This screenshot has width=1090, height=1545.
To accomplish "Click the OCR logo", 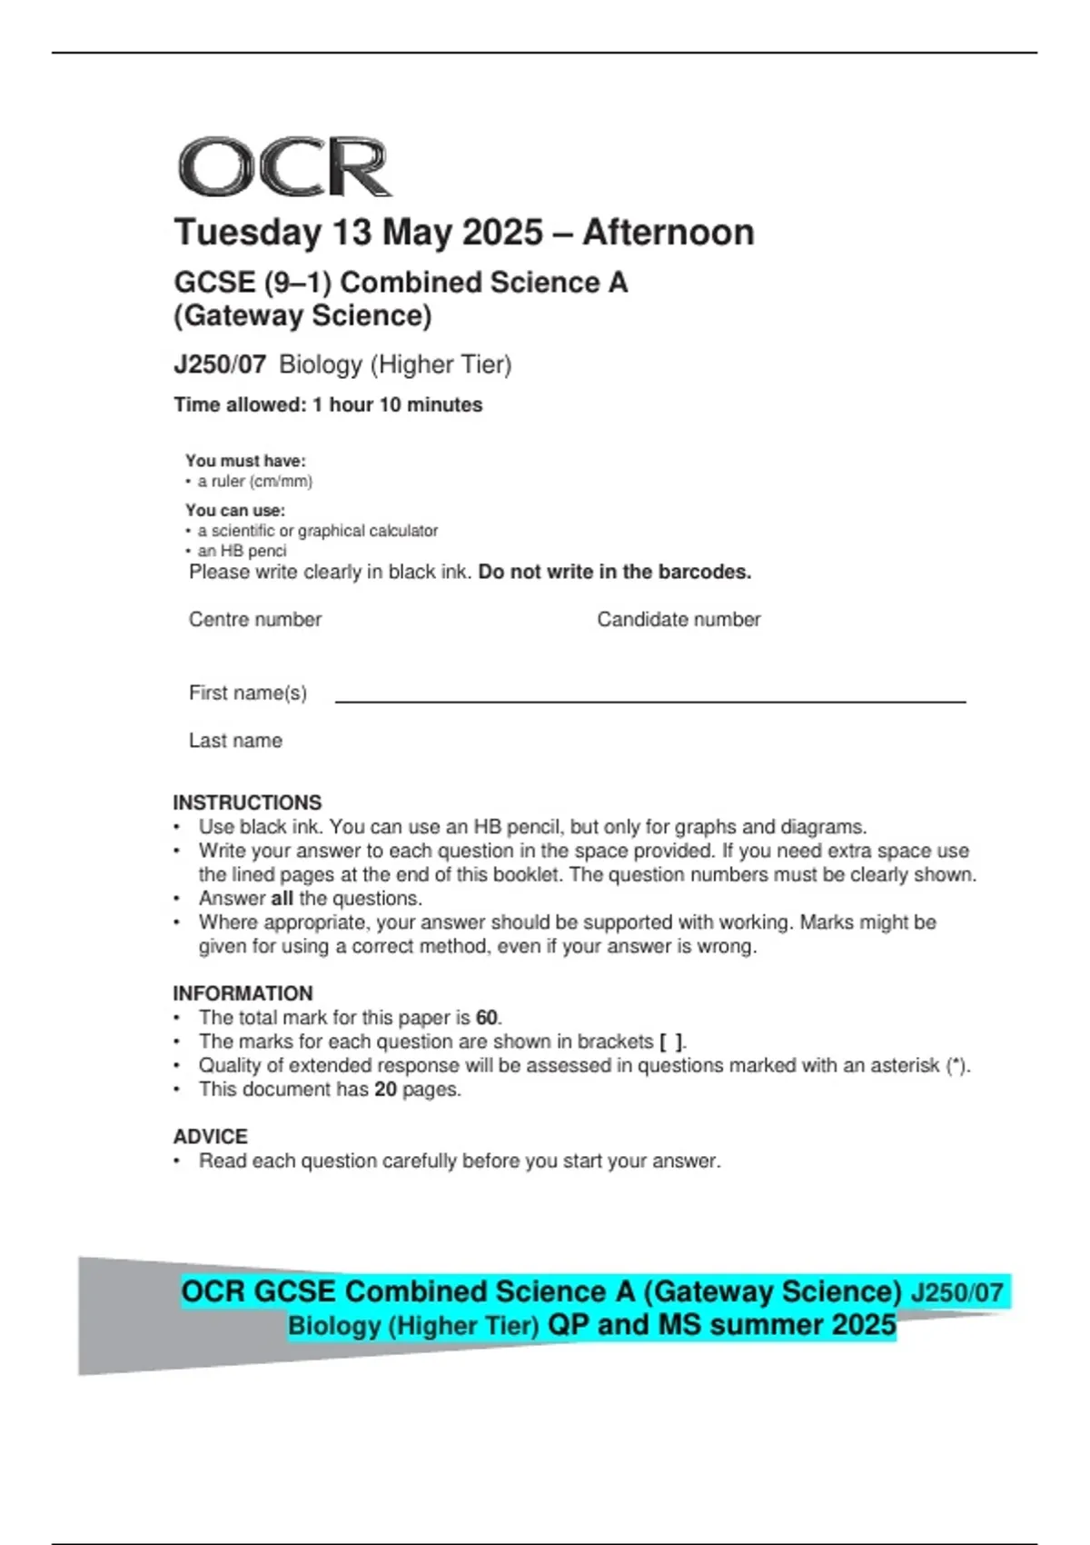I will tap(284, 167).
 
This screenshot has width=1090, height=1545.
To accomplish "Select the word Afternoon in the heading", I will tap(668, 233).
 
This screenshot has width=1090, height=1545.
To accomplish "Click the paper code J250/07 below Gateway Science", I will tap(220, 364).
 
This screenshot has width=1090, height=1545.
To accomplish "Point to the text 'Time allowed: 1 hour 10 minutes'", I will tap(328, 405).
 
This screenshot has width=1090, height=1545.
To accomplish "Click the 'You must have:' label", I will tap(245, 461).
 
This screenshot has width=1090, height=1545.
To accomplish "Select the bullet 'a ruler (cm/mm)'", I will tap(254, 482).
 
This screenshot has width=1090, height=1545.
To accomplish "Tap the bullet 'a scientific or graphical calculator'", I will tap(317, 531).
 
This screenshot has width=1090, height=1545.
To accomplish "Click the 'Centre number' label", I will tap(255, 620).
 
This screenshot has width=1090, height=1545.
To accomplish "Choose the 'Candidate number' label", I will tap(679, 620).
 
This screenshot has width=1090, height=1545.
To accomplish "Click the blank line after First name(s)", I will tap(649, 700).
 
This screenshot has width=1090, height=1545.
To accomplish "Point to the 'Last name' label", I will tap(235, 741).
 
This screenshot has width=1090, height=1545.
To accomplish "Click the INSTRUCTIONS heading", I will tap(247, 802).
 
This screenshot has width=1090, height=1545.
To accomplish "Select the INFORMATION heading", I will tap(243, 993).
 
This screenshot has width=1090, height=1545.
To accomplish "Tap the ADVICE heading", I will tap(210, 1137).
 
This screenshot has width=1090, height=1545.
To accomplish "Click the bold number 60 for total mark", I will tap(487, 1018).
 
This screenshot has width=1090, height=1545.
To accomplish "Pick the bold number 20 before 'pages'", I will tap(385, 1089).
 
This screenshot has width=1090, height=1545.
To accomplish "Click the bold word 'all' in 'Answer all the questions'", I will tap(282, 899).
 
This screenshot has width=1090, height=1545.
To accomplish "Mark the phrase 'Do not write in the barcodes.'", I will tap(615, 573).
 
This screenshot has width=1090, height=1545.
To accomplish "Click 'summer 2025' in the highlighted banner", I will tap(803, 1325).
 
